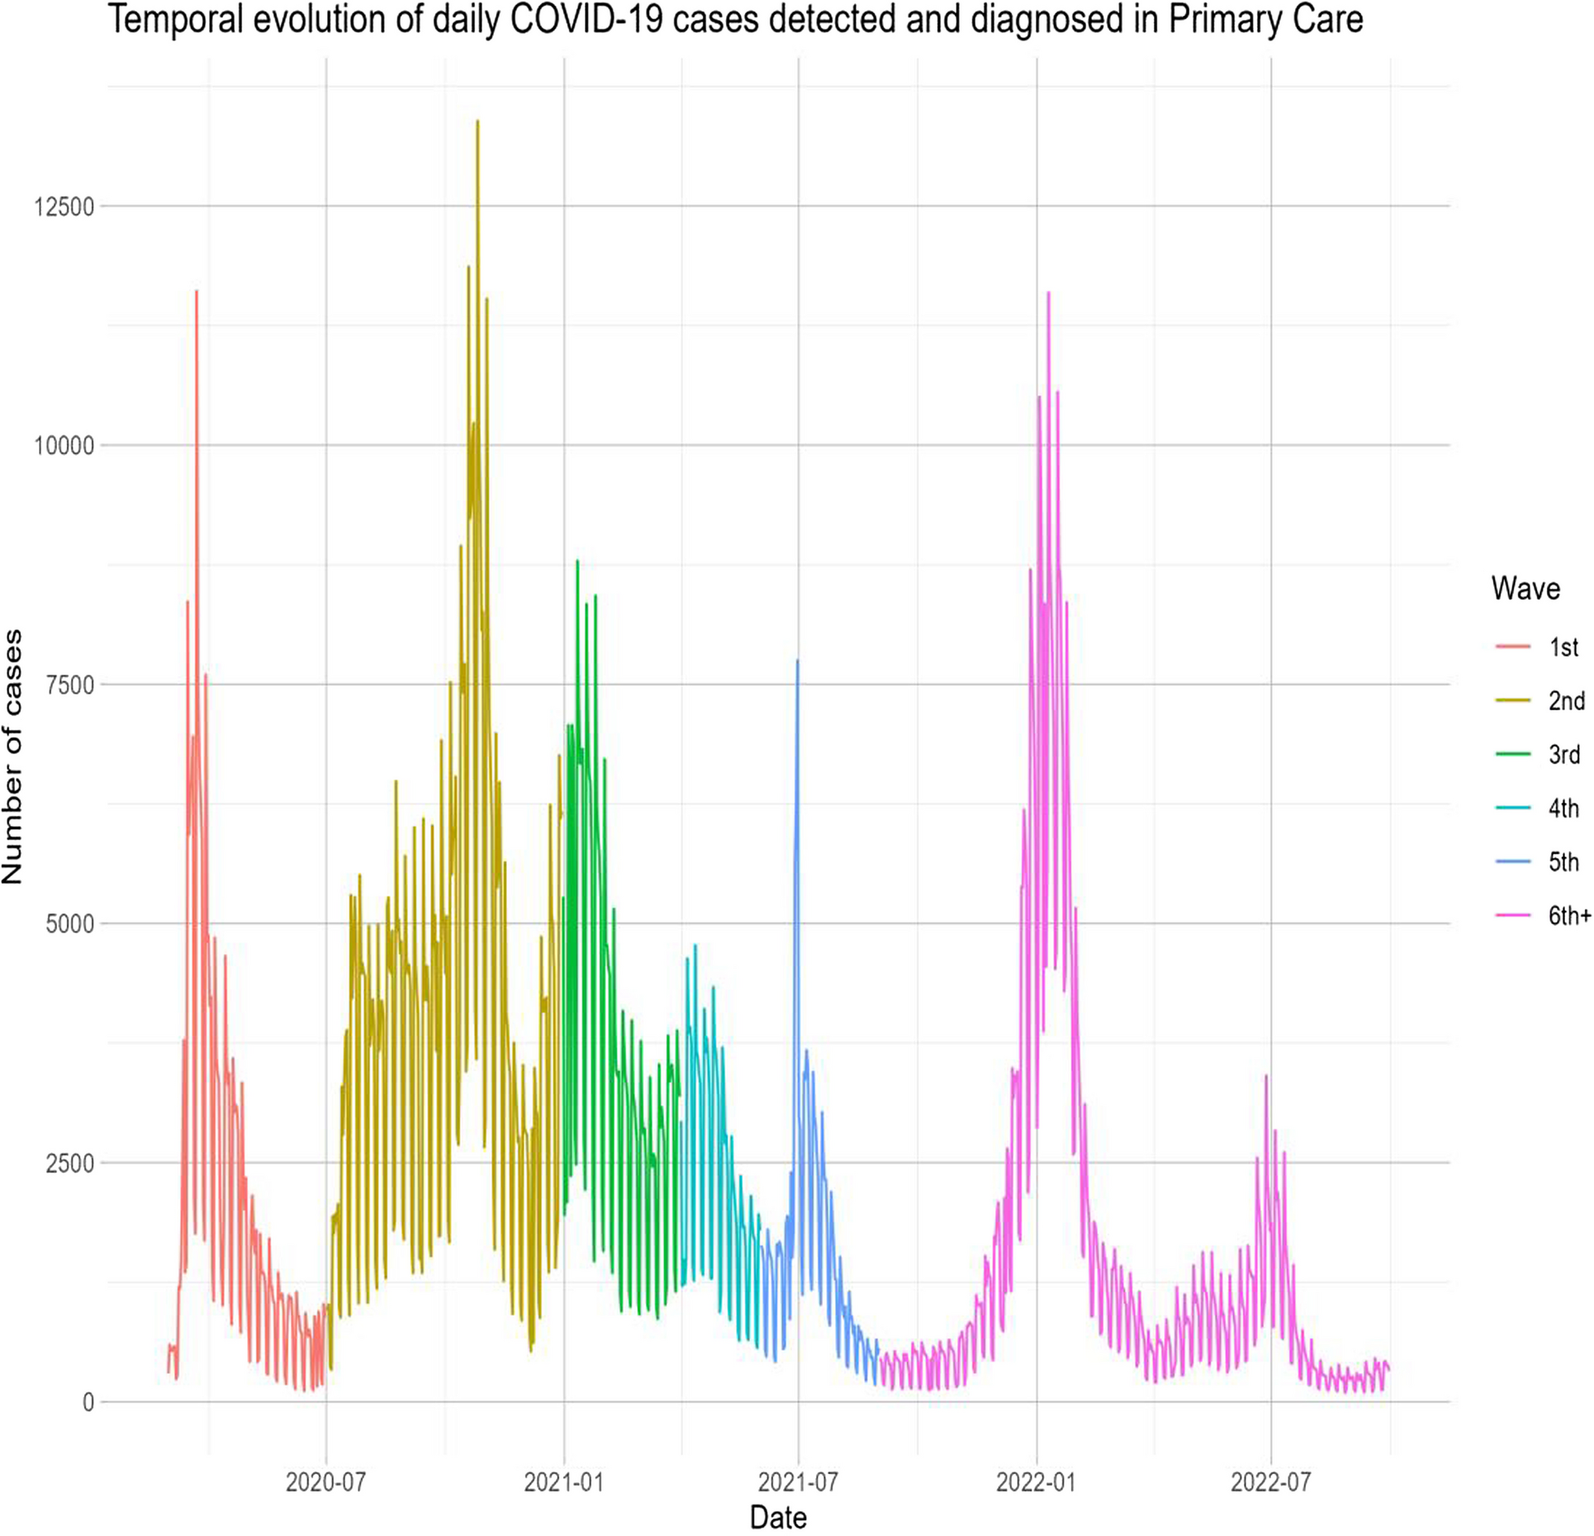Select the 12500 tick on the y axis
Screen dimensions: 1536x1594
(64, 206)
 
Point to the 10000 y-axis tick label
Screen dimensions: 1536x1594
(64, 446)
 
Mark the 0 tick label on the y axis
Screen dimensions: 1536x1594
(88, 1402)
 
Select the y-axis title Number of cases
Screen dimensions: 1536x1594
(13, 756)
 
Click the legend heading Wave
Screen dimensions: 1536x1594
(1525, 589)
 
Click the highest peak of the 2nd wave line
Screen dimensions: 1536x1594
(477, 121)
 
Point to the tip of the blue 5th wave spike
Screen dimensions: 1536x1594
(797, 661)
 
